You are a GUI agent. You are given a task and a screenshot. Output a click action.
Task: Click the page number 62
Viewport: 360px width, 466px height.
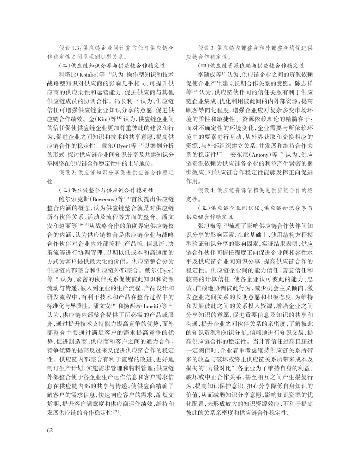point(50,430)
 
